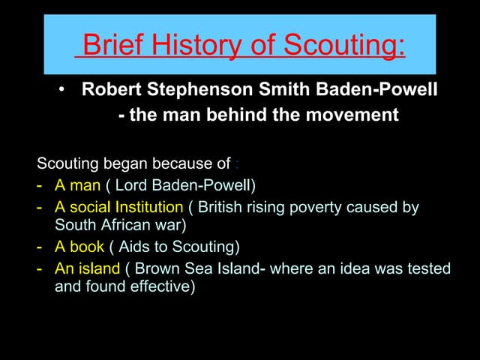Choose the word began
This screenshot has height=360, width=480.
[124, 163]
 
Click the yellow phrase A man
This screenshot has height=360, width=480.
[77, 184]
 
